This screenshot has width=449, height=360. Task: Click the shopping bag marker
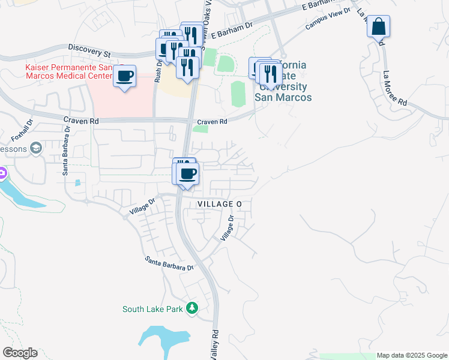click(x=378, y=27)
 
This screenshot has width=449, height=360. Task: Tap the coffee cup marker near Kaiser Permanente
click(x=125, y=77)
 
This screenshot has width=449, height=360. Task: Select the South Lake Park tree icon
click(x=191, y=308)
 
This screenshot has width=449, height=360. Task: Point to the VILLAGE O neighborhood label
click(x=219, y=205)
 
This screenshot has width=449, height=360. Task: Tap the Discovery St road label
click(x=89, y=50)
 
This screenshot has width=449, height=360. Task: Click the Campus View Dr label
click(x=327, y=23)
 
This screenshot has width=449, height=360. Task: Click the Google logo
click(x=20, y=353)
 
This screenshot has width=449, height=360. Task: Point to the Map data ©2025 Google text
click(x=412, y=355)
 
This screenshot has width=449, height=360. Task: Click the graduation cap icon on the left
click(x=36, y=148)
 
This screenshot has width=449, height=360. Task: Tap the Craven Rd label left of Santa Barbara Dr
click(x=80, y=120)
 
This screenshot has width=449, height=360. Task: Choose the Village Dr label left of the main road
click(x=143, y=207)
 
